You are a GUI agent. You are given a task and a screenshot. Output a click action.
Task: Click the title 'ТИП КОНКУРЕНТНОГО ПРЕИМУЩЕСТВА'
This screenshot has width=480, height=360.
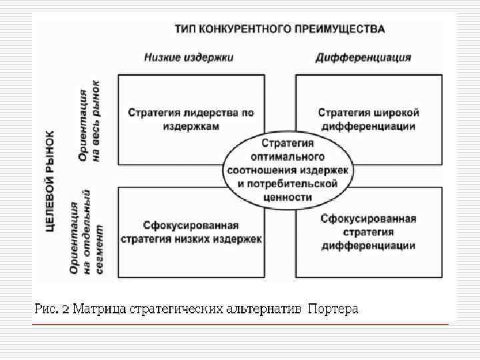point(279,29)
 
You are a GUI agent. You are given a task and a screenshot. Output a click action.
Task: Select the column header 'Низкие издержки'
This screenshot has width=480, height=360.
point(189,57)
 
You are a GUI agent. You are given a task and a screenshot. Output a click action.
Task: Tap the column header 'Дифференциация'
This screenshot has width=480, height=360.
point(363,57)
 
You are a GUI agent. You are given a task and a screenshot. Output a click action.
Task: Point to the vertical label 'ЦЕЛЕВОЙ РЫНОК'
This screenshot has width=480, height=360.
point(51,181)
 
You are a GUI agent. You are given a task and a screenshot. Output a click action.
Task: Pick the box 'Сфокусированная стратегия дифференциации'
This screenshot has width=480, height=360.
point(369,231)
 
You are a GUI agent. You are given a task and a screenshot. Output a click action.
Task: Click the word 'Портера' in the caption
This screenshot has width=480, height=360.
point(333,309)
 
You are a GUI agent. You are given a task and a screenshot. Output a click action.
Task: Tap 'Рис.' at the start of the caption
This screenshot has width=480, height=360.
point(45,309)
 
